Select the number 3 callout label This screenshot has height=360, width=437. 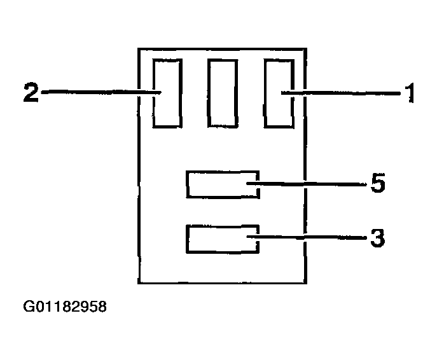(377, 239)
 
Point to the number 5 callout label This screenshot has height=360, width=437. (378, 184)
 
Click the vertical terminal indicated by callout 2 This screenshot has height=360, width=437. (168, 93)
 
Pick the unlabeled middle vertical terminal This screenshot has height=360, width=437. (223, 93)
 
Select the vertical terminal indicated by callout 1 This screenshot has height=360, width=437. (279, 93)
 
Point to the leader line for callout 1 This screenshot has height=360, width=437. (343, 94)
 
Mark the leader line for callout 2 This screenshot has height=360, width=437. (95, 93)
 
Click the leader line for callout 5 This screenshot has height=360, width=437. (312, 184)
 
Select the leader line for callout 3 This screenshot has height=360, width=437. (312, 239)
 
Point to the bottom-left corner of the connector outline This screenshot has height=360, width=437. (139, 283)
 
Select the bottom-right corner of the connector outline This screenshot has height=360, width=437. (307, 283)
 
